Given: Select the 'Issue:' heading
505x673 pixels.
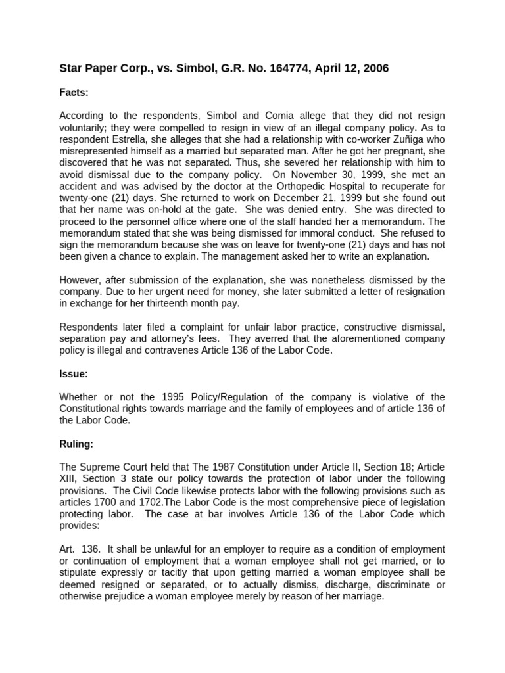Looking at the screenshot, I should point(74,374).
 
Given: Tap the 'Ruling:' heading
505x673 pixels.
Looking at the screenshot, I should point(76,444).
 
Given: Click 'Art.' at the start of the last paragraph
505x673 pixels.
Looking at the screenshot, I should point(69,548).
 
